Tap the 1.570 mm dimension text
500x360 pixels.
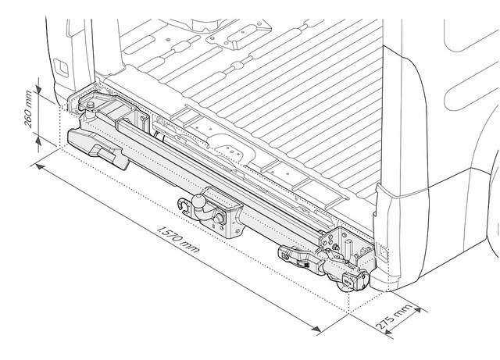click(178, 240)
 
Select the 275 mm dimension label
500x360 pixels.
click(394, 317)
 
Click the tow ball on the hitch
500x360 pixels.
click(200, 201)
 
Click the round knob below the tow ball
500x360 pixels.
click(219, 219)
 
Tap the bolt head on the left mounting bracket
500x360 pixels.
click(91, 105)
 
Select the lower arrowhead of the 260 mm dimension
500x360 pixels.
click(38, 141)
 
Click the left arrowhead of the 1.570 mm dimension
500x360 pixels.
click(40, 166)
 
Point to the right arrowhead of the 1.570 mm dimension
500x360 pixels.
click(316, 329)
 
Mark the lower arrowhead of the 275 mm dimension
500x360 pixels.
click(387, 332)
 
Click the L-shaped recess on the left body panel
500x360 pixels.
click(61, 68)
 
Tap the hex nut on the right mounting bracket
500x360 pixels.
click(335, 247)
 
